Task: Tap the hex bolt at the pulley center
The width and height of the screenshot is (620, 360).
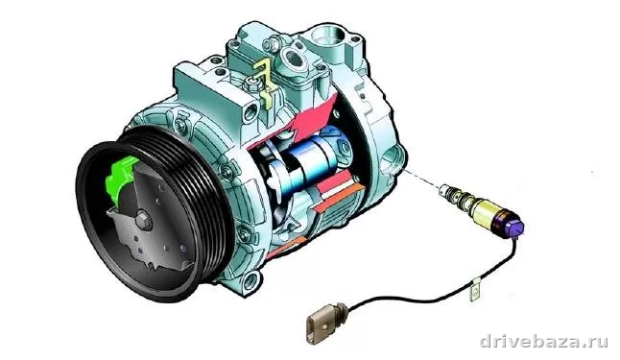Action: tap(144, 222)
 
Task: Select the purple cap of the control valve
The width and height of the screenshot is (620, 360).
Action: tap(515, 228)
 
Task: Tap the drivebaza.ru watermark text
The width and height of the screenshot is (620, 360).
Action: tap(543, 341)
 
